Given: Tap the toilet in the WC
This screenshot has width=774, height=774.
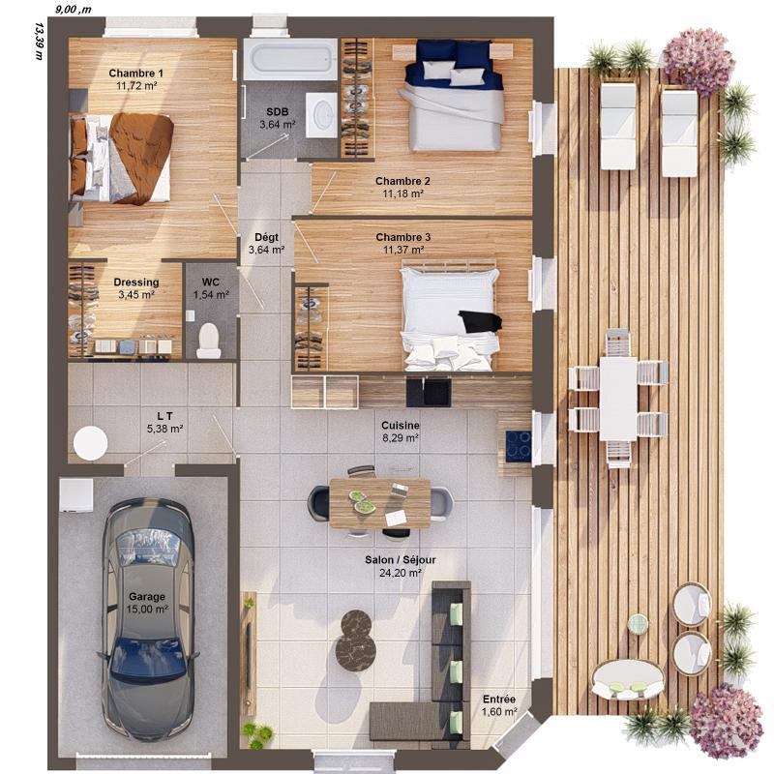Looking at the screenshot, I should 208,340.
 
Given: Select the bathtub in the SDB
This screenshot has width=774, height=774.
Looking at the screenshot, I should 289,59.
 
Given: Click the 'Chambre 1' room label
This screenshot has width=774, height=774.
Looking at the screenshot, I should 135,74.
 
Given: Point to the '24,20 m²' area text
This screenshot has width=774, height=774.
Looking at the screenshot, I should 400,573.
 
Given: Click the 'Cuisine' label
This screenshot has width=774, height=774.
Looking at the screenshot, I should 400,424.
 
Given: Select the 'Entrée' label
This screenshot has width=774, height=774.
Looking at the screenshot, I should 499,700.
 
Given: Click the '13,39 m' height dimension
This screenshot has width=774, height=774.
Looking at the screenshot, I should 39,40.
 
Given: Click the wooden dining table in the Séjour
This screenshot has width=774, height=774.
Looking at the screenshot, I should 379,502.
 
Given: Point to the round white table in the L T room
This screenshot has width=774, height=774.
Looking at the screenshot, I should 91,443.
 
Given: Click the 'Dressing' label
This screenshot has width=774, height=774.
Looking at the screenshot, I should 135,283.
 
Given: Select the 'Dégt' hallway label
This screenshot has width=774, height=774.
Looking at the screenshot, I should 266,237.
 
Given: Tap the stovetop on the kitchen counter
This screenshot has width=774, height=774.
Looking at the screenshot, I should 518,445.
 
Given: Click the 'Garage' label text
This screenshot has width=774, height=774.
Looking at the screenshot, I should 146,597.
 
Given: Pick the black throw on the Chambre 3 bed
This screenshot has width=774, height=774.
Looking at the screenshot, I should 481,321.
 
